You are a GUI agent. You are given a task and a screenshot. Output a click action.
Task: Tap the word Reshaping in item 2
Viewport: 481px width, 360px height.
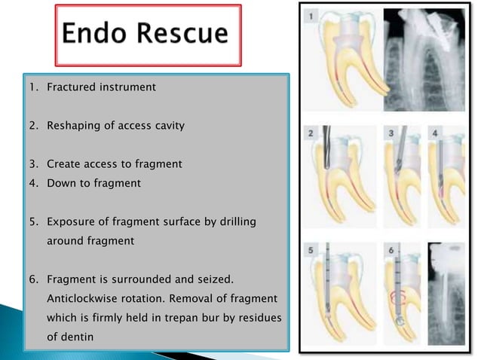[x=73, y=124]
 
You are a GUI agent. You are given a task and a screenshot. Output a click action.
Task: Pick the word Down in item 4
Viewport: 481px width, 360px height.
[x=60, y=183]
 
